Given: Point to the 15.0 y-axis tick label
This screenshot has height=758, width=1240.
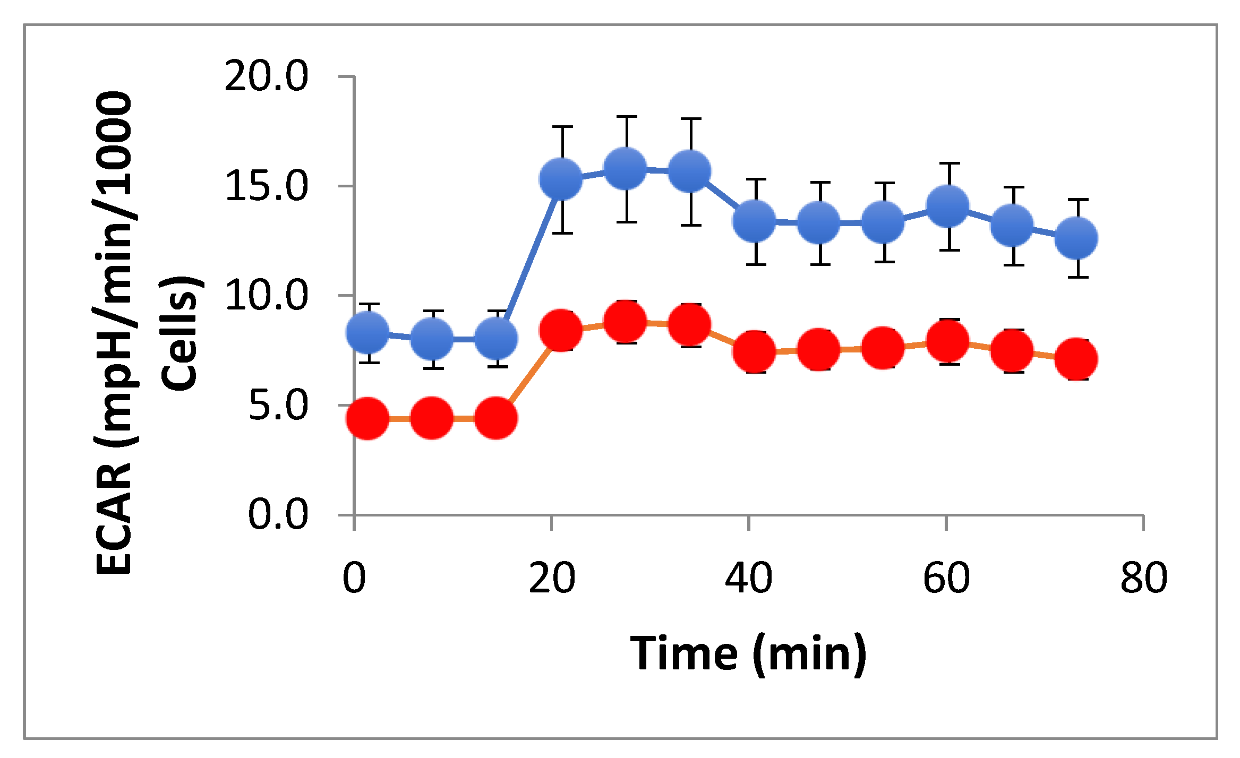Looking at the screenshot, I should pos(267,186).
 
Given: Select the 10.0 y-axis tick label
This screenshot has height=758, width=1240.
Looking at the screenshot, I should pos(267,296).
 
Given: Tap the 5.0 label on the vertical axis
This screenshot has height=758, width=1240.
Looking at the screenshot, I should pos(278,406).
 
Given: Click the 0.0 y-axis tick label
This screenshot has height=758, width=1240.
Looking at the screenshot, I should pos(278,514).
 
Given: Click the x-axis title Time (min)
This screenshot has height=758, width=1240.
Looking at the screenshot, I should pos(748,654).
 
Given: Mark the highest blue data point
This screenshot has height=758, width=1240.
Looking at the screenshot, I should pos(626,168).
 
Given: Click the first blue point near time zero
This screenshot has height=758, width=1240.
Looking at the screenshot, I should pos(367,332).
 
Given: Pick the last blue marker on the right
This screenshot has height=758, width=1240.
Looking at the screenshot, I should pos(1076,238).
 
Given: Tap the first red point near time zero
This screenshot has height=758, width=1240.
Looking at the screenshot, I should pos(367,418).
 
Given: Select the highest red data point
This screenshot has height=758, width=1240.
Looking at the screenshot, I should pos(626,321).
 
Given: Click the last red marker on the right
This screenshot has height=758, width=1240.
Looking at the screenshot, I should pos(1076,359).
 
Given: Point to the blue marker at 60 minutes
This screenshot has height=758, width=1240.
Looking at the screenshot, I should pos(947,205).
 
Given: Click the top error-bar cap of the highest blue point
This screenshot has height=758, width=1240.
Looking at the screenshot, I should pos(627,116).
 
